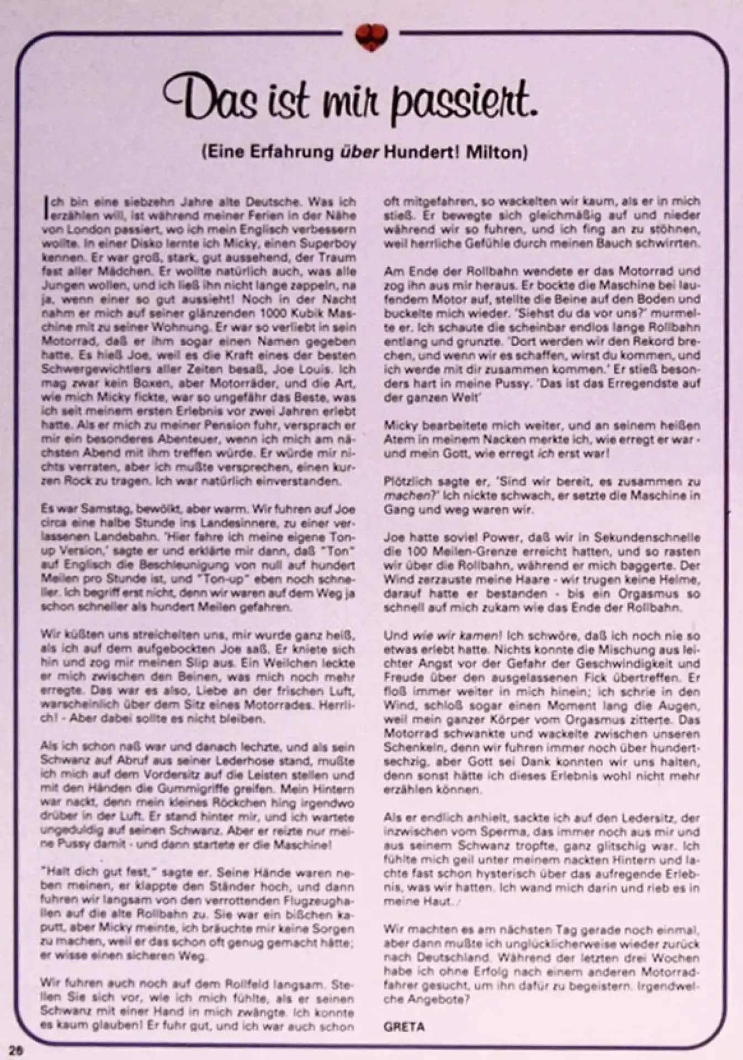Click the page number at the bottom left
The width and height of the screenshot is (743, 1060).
(15, 1051)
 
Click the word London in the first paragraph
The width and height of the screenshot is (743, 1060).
(86, 229)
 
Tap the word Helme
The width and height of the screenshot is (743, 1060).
(683, 580)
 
